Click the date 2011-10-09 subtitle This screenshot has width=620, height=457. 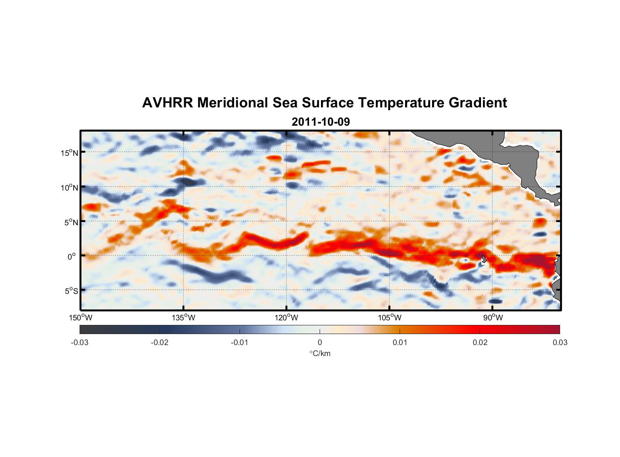tap(321, 122)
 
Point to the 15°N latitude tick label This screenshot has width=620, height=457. tap(69, 153)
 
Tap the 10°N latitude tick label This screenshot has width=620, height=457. tap(69, 187)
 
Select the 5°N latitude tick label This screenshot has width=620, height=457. tap(71, 222)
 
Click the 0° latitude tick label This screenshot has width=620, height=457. tap(71, 256)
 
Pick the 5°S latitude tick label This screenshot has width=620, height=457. tap(71, 291)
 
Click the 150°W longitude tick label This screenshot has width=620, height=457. tap(81, 318)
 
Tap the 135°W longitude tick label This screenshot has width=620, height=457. tap(184, 318)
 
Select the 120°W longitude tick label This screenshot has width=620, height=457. tap(287, 318)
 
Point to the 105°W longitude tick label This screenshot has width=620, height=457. tap(390, 318)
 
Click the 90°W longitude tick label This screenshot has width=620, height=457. tap(493, 318)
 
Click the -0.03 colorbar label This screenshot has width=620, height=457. tap(80, 342)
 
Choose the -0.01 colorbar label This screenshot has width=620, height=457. tap(240, 342)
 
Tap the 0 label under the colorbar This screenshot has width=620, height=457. tap(320, 342)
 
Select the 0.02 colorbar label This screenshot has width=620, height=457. tap(480, 342)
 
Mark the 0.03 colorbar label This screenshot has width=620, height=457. tap(560, 342)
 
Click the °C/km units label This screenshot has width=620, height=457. tap(320, 353)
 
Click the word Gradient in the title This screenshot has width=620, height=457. tap(478, 103)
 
